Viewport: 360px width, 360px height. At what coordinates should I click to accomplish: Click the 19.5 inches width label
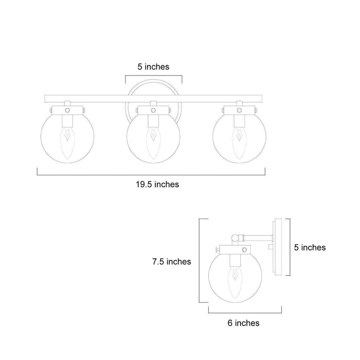pos(157,184)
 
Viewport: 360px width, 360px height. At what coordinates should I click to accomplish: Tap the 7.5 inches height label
pos(171,261)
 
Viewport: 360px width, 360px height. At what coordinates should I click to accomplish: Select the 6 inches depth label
pos(244,323)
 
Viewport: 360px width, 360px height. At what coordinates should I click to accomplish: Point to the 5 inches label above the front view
pos(153,67)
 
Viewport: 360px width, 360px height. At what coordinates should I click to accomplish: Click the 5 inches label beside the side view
pos(310,247)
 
